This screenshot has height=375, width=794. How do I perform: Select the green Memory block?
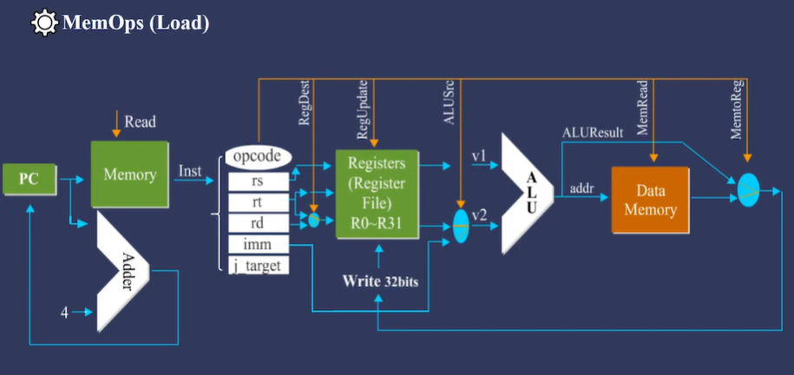point(129,174)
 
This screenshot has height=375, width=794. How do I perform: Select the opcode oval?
point(258,156)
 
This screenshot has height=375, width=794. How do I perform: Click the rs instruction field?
point(258,181)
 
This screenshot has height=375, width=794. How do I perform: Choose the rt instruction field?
point(258,202)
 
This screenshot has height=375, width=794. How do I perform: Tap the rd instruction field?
point(258,223)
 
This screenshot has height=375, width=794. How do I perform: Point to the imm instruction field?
point(258,245)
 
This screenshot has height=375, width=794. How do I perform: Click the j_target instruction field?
point(258,266)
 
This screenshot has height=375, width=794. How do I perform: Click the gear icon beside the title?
point(44,23)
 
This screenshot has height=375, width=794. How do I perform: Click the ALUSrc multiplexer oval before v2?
point(461,225)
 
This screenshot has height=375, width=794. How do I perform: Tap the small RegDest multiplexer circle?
point(314,220)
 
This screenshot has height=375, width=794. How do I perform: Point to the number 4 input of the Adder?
point(64,312)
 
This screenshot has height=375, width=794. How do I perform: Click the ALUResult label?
point(592,132)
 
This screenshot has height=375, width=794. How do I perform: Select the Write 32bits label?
point(386,280)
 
